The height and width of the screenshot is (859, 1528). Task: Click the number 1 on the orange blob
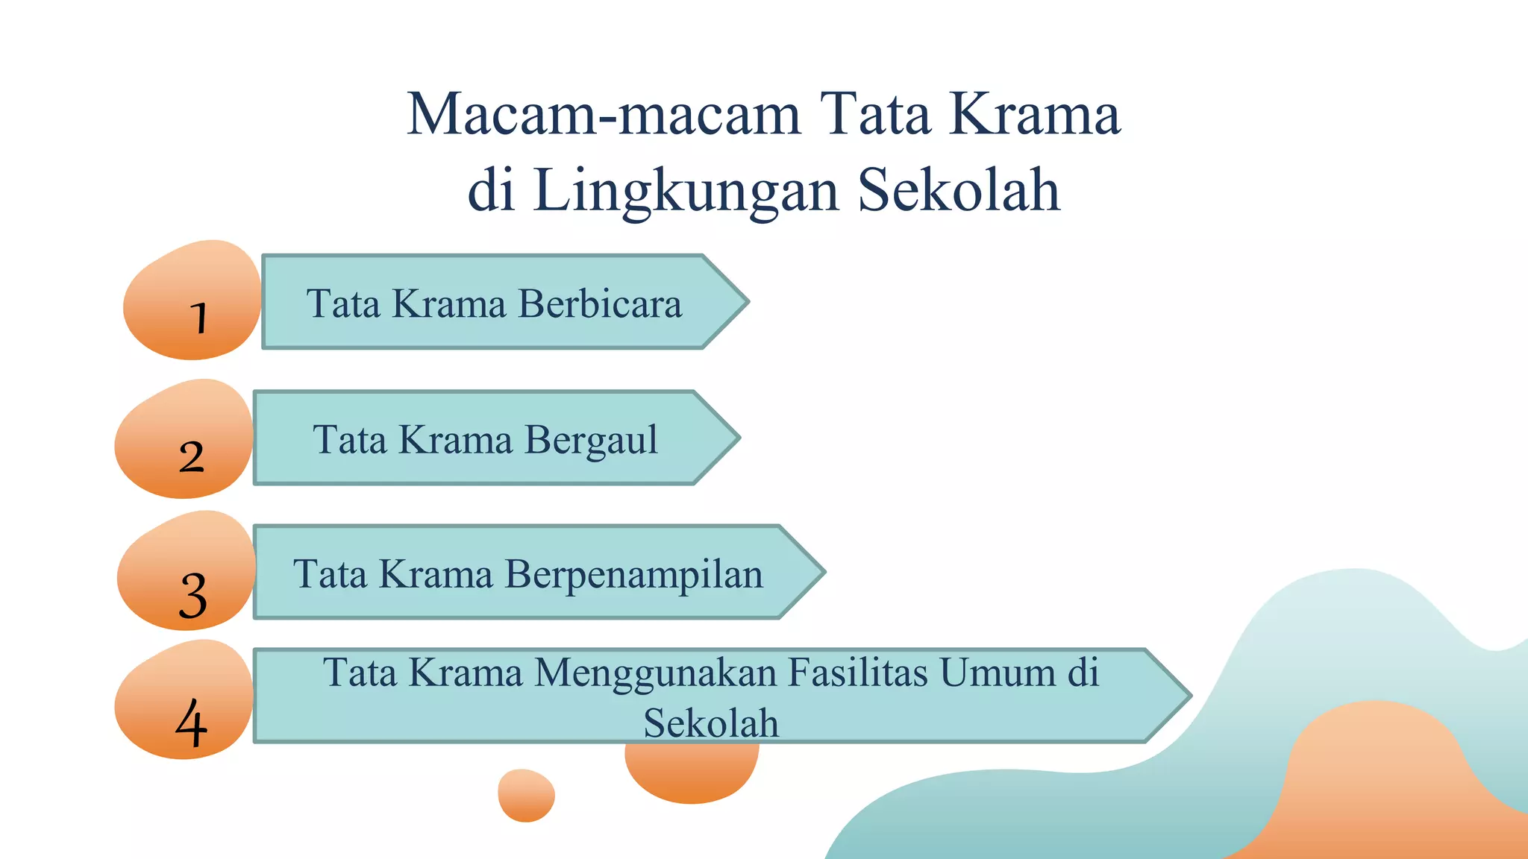(x=198, y=318)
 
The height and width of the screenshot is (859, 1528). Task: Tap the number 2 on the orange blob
(x=191, y=456)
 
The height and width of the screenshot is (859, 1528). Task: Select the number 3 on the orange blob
(x=193, y=595)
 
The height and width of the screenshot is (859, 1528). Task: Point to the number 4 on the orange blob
(x=191, y=723)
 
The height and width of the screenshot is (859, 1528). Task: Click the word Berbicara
(x=600, y=303)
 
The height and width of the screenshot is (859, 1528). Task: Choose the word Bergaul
(x=591, y=439)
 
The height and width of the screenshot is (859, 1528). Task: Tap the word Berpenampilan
(x=634, y=574)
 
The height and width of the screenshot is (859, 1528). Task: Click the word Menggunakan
(x=656, y=672)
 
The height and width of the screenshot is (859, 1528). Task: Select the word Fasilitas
(x=858, y=672)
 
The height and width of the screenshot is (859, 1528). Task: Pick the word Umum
(x=997, y=672)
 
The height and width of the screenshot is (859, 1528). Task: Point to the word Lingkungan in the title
(x=686, y=191)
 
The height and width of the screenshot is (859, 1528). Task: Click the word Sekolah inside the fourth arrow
(x=711, y=723)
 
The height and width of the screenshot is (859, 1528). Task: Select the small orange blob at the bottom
(x=526, y=795)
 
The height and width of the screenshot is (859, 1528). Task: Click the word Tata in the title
(x=876, y=114)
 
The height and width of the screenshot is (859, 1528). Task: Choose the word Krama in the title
(x=1035, y=114)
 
